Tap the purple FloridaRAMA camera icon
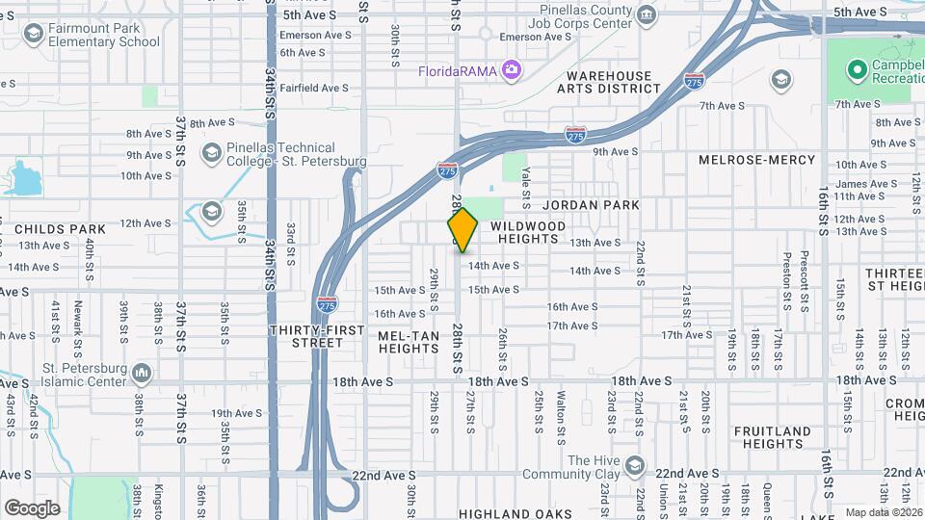coord(511,69)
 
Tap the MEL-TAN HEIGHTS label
coord(409,342)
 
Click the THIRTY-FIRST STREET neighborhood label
coord(317,336)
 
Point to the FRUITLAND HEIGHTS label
coord(770,437)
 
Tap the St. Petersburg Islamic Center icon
coord(142,372)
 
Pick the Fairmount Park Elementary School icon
coord(34,35)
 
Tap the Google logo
coord(32,507)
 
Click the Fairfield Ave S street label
coord(315,88)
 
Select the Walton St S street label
coord(561,404)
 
